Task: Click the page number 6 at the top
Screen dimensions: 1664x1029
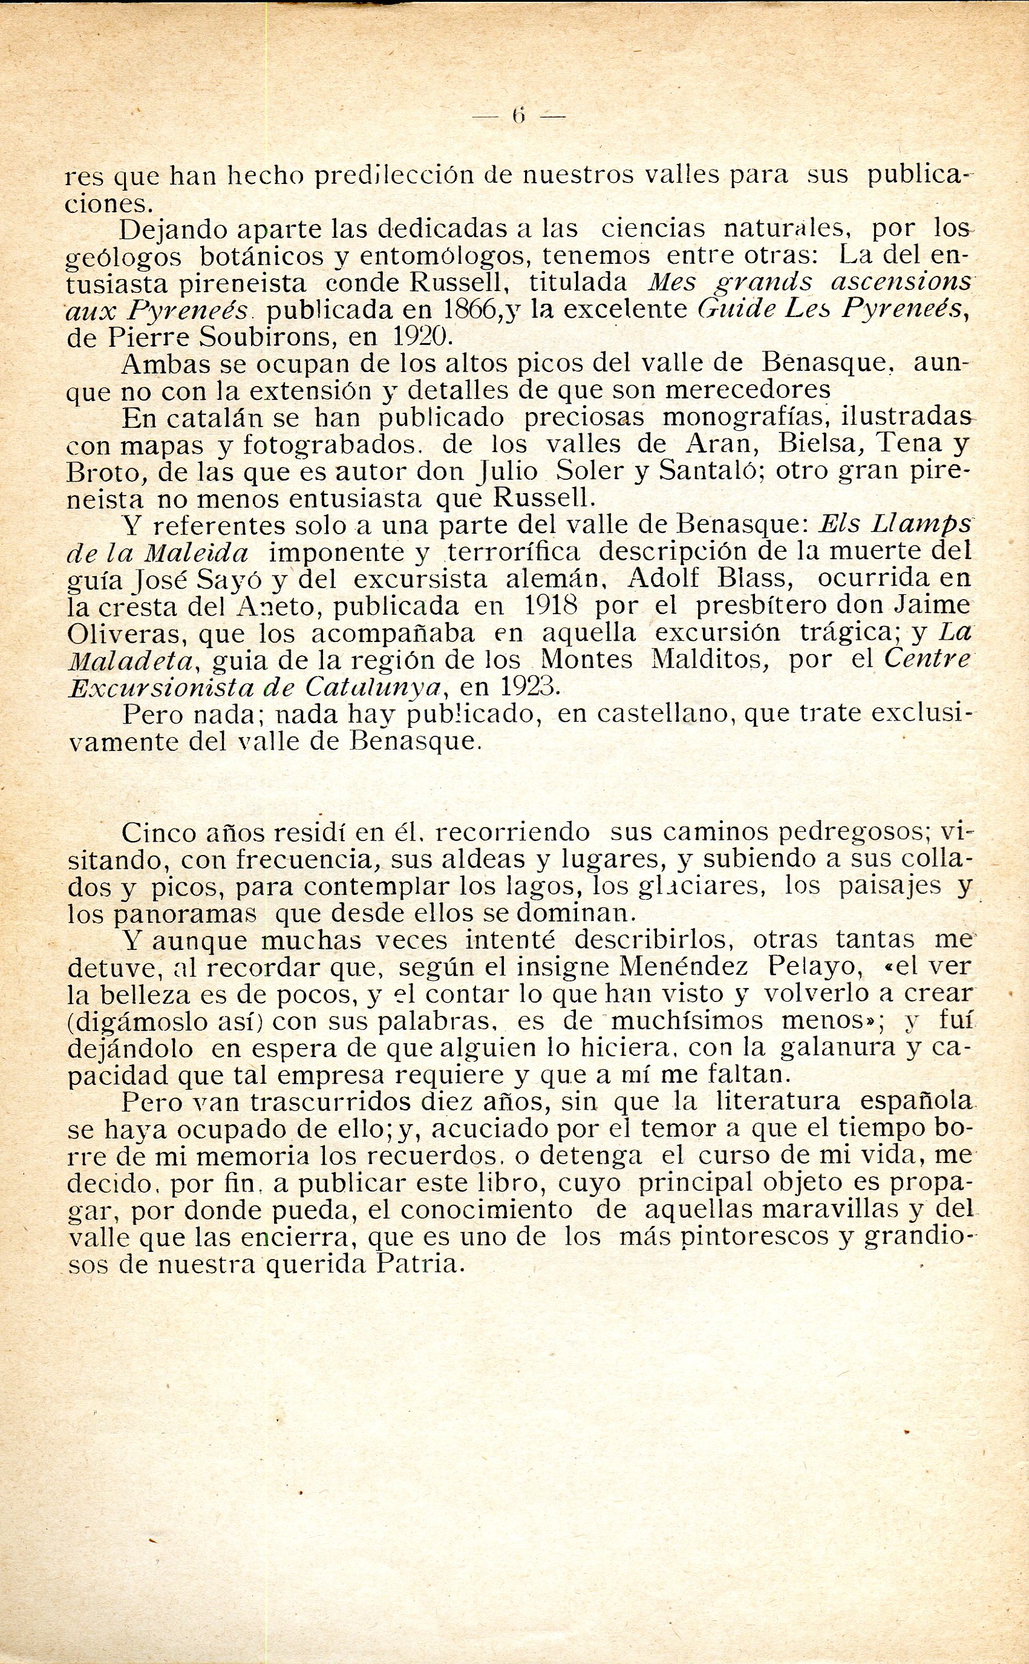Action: pos(519,116)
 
